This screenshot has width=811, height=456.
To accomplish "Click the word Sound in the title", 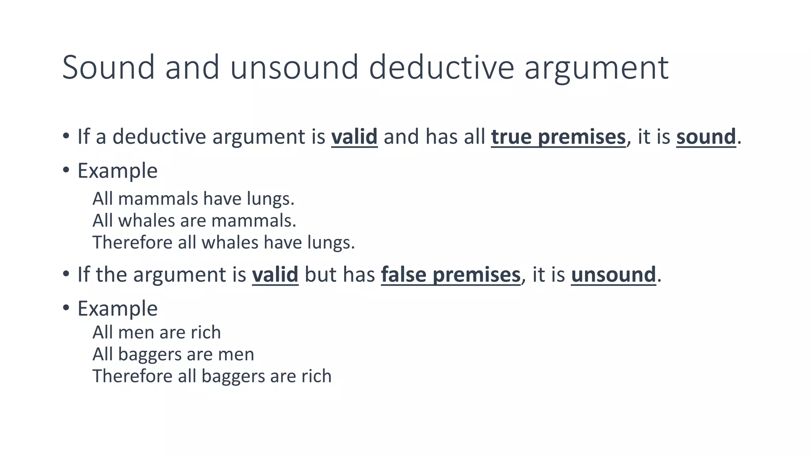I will coord(108,67).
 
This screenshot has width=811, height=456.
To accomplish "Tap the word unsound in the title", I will coord(294,67).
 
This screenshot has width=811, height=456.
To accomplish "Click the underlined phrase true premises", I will coord(558,137).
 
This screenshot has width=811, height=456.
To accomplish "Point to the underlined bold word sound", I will coord(706,137).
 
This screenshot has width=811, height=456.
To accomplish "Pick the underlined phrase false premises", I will coord(451,275).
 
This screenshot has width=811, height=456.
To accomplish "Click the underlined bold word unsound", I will coord(613,275).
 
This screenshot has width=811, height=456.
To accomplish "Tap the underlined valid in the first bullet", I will coord(354,137).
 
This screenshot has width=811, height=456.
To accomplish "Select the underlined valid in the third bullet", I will coord(275,275).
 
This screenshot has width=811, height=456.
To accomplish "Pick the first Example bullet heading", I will coord(117,171).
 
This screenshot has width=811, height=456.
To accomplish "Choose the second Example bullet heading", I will coord(117,309).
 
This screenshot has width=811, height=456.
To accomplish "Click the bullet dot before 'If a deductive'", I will coord(66,136).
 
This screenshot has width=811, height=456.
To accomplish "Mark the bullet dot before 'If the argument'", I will coord(66,274).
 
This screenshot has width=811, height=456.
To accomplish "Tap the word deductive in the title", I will coord(441,67).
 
